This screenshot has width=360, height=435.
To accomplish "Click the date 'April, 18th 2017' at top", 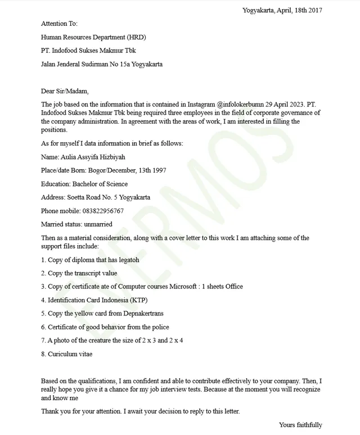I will click(x=299, y=10).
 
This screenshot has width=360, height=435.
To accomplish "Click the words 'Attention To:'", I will click(x=60, y=24).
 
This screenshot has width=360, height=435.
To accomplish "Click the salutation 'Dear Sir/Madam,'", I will click(x=65, y=91).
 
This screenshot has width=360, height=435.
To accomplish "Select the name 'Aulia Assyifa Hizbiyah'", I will click(x=92, y=157).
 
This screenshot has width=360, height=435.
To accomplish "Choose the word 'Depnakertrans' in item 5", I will click(x=145, y=314).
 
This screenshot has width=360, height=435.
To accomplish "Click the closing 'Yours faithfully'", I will click(x=300, y=425).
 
